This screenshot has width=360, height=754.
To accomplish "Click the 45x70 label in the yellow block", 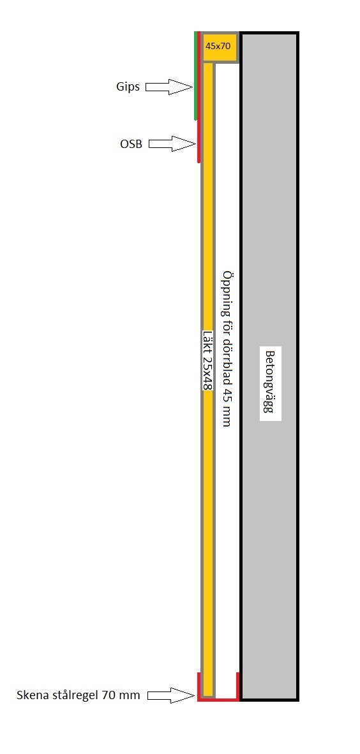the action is (x=218, y=47).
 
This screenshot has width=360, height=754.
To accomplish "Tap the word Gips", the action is (x=128, y=87).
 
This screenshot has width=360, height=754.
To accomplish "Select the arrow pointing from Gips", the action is (x=169, y=87).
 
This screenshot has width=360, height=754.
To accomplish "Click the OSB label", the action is (x=131, y=144).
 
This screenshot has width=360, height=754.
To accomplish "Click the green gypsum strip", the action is (x=196, y=75).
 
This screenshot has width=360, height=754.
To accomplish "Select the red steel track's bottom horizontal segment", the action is (x=218, y=699).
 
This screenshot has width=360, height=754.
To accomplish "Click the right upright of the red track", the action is (x=237, y=685).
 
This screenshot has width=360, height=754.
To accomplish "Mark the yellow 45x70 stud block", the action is (x=220, y=47).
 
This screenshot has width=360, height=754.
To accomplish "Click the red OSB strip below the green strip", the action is (x=199, y=142).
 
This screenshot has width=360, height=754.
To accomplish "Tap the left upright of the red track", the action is (x=199, y=685).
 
